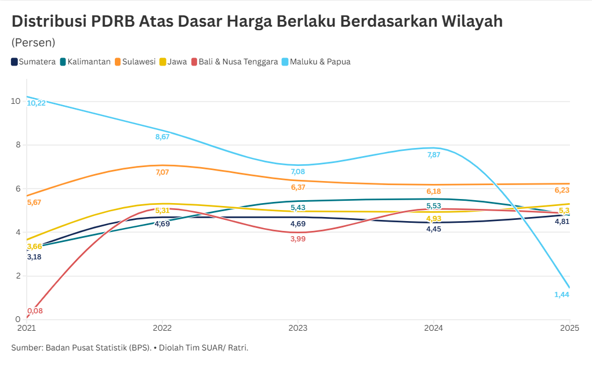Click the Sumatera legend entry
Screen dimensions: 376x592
(x=34, y=62)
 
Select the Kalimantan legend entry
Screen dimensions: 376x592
(x=85, y=62)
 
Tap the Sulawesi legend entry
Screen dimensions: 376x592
(x=135, y=62)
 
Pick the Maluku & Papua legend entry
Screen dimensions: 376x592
(x=315, y=62)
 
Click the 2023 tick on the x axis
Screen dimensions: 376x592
(x=297, y=328)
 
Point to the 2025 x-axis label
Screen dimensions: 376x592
(x=569, y=328)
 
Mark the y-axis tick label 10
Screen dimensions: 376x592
(x=15, y=101)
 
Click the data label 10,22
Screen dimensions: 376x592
(x=37, y=103)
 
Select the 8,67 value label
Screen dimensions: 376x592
(x=162, y=137)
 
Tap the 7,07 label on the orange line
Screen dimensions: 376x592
(x=162, y=172)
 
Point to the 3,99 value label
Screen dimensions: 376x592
(x=298, y=239)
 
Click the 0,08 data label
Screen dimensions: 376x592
(x=35, y=311)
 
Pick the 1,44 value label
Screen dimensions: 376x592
(x=562, y=295)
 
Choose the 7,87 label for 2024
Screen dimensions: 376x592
(x=434, y=155)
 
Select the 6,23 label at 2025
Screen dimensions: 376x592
(x=562, y=190)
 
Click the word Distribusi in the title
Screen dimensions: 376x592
(x=49, y=21)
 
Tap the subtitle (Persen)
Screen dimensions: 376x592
(x=33, y=42)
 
